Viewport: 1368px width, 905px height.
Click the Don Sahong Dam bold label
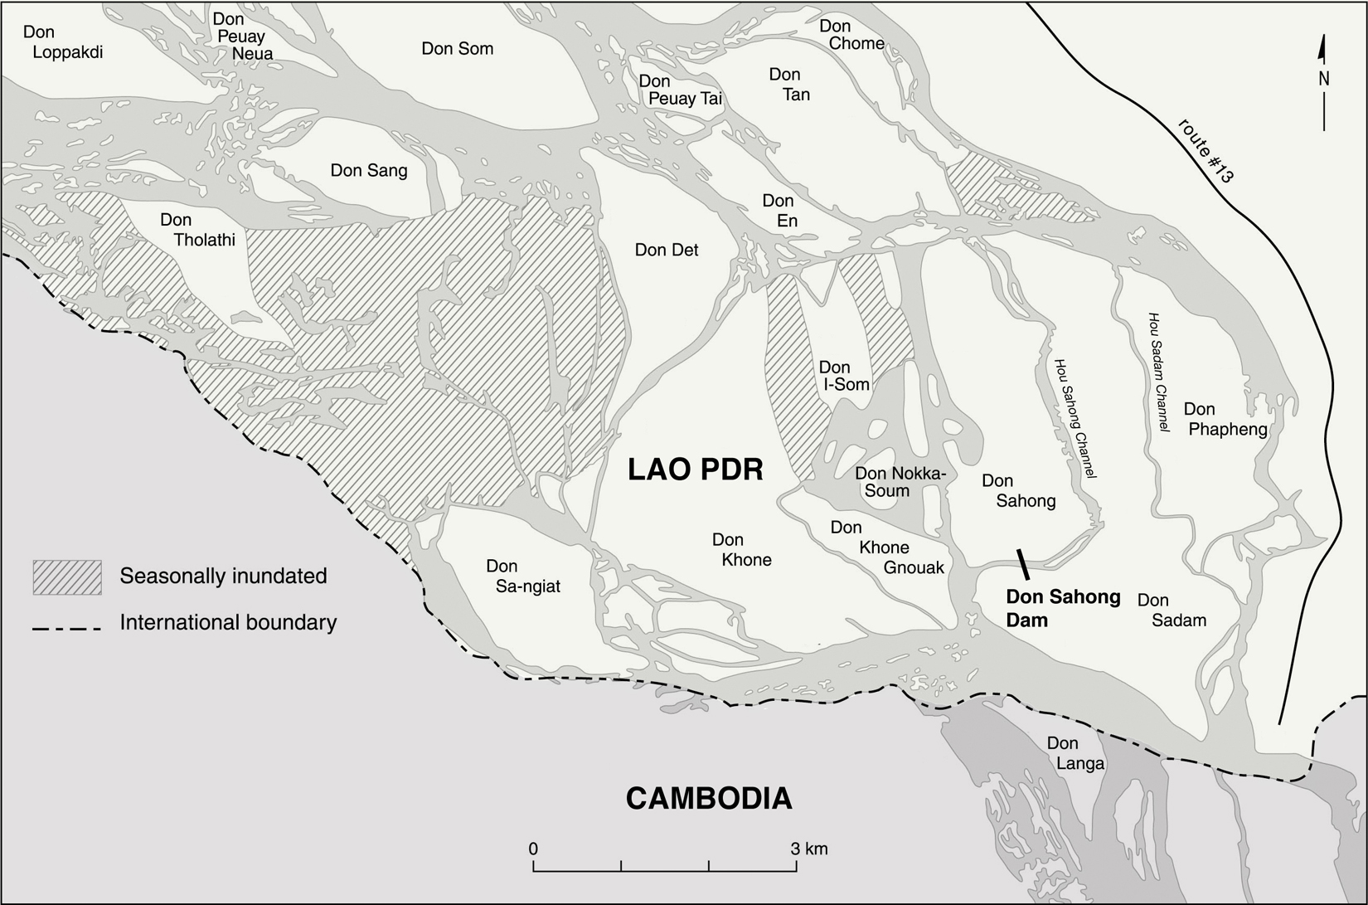[x=1062, y=608]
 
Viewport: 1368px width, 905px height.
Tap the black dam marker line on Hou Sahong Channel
[x=1023, y=563]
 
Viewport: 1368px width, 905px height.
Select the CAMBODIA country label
[x=708, y=798]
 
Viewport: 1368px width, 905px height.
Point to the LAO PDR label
[x=695, y=470]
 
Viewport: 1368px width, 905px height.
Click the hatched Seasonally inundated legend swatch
[x=67, y=577]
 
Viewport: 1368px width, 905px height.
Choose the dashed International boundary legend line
[x=66, y=629]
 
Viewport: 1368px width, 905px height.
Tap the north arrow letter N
[x=1324, y=80]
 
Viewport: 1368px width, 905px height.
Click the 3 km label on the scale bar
[x=808, y=849]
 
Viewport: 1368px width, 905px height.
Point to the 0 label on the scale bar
[x=533, y=849]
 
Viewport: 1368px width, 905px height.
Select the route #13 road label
[x=1206, y=150]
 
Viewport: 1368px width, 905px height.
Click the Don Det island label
[x=667, y=250]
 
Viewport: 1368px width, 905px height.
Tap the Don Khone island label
[x=741, y=550]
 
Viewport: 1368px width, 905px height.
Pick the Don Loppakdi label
[x=62, y=42]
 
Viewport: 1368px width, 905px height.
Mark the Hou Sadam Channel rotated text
[x=1158, y=372]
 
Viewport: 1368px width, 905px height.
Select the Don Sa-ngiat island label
[x=522, y=577]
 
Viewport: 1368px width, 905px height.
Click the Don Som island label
[x=457, y=48]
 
